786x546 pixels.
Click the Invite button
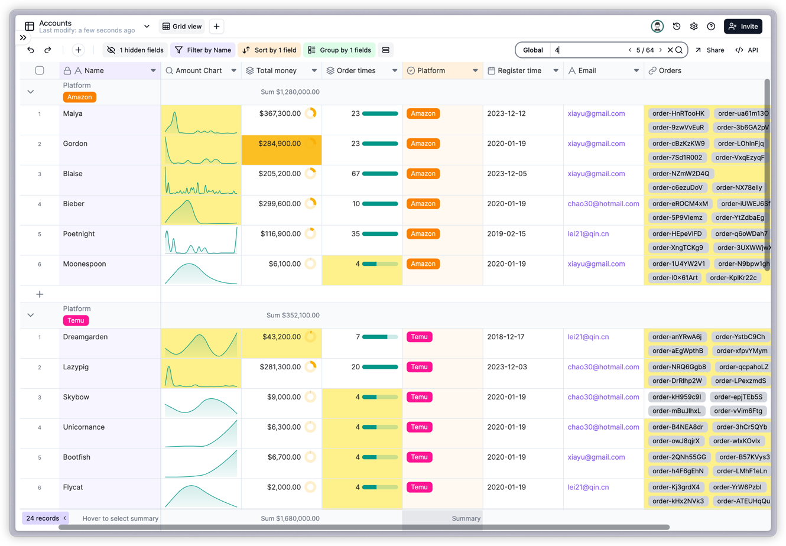click(x=743, y=27)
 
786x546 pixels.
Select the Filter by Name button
click(x=203, y=50)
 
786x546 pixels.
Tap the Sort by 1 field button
click(x=269, y=50)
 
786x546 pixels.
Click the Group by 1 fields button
click(x=340, y=50)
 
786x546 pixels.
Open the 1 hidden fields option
click(x=135, y=50)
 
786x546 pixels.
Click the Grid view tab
click(x=182, y=27)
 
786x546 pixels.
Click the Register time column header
click(x=519, y=71)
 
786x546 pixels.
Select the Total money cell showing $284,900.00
click(x=280, y=144)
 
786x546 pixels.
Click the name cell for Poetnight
click(x=79, y=234)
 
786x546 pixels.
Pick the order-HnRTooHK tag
click(x=678, y=113)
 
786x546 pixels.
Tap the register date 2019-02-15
click(x=506, y=234)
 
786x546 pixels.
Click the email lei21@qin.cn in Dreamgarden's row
click(x=588, y=337)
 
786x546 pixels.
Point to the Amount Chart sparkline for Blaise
click(x=201, y=180)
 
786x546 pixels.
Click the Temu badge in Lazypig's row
click(x=419, y=367)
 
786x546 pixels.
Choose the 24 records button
click(x=43, y=518)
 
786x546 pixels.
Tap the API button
click(x=746, y=50)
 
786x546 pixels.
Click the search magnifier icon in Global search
click(x=679, y=50)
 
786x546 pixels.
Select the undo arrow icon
click(x=31, y=50)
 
